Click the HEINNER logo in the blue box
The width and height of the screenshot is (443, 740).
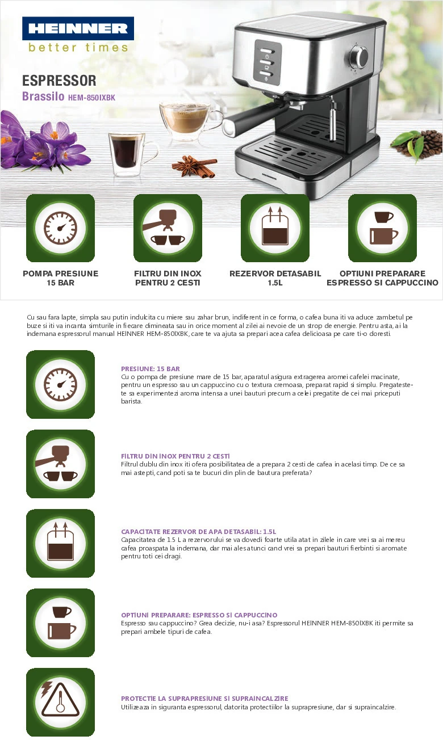tap(78, 28)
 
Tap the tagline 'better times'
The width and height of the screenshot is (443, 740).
tap(78, 48)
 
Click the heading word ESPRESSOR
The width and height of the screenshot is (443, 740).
tap(59, 81)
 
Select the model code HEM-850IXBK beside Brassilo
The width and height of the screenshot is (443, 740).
tap(91, 98)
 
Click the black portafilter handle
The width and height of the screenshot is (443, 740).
tap(251, 120)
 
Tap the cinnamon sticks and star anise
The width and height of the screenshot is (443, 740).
tap(195, 167)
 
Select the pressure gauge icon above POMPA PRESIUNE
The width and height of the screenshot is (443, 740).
tap(61, 228)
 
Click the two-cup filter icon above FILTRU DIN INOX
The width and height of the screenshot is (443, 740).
tap(168, 228)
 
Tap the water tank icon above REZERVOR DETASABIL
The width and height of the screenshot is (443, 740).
tap(275, 228)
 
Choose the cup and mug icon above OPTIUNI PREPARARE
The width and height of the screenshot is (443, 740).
tap(382, 228)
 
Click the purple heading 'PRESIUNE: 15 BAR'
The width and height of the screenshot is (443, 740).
tap(151, 369)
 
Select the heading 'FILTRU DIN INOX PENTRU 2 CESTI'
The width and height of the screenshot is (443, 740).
tap(175, 456)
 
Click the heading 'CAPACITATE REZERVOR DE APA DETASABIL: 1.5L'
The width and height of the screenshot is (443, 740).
tap(198, 532)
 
